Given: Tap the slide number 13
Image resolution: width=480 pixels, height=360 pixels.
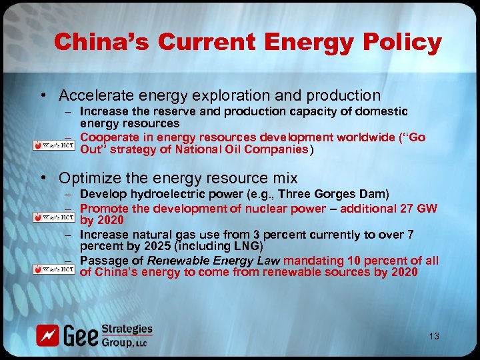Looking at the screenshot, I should [434, 336].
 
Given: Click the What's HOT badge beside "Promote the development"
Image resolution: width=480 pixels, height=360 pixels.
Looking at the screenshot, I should [55, 217].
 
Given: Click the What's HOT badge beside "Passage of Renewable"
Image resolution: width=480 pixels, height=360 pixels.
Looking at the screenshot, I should [55, 269].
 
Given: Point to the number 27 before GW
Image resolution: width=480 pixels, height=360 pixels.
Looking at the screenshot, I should [405, 209].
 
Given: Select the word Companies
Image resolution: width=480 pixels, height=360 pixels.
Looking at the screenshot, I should [276, 149].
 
